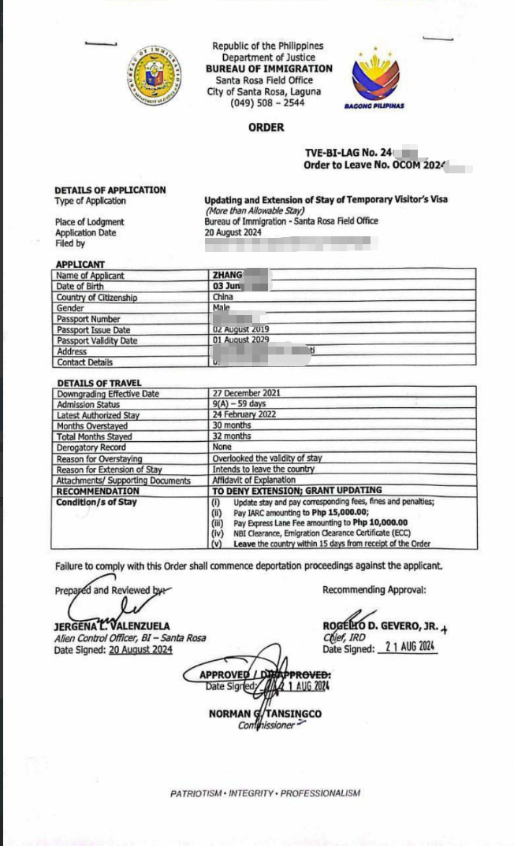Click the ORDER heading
(266, 128)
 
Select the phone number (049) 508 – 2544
(267, 103)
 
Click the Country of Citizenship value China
(222, 298)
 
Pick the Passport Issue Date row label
(93, 330)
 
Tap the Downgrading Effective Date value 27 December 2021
(246, 393)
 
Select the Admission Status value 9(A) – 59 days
(240, 404)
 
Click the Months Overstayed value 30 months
(232, 425)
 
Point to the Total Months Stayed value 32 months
(232, 436)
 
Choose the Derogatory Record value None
(222, 447)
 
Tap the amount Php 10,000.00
(380, 522)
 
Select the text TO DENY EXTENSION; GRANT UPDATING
(297, 490)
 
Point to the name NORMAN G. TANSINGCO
(265, 714)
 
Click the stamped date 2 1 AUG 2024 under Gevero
(407, 647)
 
